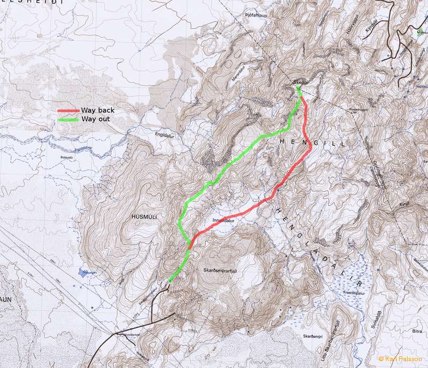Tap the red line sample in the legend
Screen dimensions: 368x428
click(x=68, y=111)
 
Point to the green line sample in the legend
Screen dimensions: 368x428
click(x=68, y=119)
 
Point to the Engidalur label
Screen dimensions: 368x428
click(x=165, y=136)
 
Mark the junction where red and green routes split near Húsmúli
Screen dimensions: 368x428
click(x=189, y=247)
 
